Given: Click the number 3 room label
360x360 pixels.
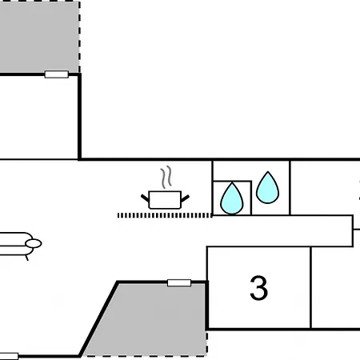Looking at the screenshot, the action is [x=258, y=288].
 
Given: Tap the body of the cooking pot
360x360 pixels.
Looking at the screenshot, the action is [x=165, y=200].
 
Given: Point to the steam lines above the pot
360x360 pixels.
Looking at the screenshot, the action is [x=166, y=177].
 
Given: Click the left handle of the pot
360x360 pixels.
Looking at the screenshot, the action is [x=145, y=198].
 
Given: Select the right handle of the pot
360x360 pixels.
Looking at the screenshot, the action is [x=186, y=198].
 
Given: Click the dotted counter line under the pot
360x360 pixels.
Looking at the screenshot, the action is [x=165, y=215].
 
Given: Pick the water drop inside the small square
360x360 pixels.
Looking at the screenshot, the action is [x=232, y=198].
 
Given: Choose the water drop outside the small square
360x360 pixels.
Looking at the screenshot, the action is [x=267, y=187].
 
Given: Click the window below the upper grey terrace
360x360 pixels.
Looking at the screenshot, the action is [x=57, y=74].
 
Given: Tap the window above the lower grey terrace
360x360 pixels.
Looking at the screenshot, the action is [x=179, y=282].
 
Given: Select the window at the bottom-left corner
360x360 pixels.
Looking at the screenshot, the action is [x=9, y=356].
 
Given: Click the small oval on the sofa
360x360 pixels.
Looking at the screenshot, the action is [x=34, y=243].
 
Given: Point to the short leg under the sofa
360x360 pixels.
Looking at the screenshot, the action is [x=26, y=258].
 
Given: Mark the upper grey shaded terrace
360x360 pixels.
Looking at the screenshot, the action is [x=39, y=37].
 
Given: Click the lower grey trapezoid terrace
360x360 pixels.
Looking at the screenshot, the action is [x=150, y=319].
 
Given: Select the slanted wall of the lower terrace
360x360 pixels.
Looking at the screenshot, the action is [x=98, y=318].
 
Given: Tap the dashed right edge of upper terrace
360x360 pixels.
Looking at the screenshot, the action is [x=79, y=37].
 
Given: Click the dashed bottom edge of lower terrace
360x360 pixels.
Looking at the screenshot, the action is [x=144, y=355].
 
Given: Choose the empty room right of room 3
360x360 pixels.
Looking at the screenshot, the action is [x=335, y=288].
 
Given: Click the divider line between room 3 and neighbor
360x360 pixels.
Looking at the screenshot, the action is [x=310, y=288].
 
